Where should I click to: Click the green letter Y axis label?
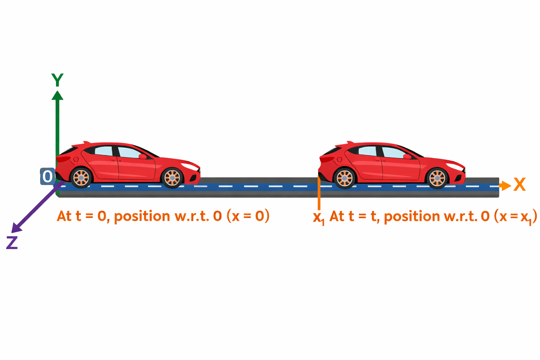[57, 80]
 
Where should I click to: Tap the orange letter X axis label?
[519, 185]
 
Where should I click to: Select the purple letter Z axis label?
[12, 243]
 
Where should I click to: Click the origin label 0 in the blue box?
[47, 176]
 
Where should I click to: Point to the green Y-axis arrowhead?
[57, 95]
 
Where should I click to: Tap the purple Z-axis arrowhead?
[16, 228]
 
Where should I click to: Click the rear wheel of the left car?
[81, 178]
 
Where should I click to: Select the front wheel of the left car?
[172, 178]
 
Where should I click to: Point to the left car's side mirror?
[143, 156]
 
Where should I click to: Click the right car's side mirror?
[407, 156]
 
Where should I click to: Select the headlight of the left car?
[190, 166]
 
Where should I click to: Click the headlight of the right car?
[455, 166]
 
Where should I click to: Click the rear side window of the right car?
[367, 151]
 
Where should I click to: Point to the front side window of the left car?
[129, 153]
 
